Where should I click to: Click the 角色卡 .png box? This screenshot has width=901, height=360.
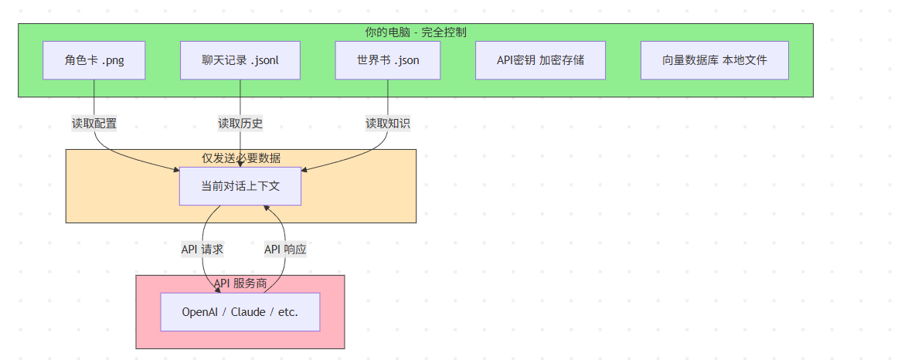[94, 60]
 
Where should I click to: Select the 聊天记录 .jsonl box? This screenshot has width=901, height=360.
[240, 60]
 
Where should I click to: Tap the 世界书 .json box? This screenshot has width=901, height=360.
[387, 60]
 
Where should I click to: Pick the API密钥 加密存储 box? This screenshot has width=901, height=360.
[540, 60]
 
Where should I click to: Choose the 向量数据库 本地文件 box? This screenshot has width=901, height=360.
[714, 60]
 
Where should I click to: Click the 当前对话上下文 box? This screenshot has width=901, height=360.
[240, 186]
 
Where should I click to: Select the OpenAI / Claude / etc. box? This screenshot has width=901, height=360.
[240, 312]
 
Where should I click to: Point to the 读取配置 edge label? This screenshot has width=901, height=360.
[94, 123]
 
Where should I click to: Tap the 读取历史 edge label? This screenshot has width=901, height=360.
[240, 123]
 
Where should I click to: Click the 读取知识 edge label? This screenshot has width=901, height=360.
[387, 123]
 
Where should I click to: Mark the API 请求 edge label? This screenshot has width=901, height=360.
[202, 250]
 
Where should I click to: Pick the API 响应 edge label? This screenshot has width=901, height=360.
[285, 250]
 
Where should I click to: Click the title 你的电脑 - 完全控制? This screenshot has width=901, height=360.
[415, 32]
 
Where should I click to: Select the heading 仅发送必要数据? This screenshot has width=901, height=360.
[241, 158]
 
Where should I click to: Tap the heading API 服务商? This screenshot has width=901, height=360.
[240, 284]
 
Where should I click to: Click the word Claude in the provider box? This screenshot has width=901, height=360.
[247, 312]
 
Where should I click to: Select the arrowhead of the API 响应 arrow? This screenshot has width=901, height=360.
[264, 208]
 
